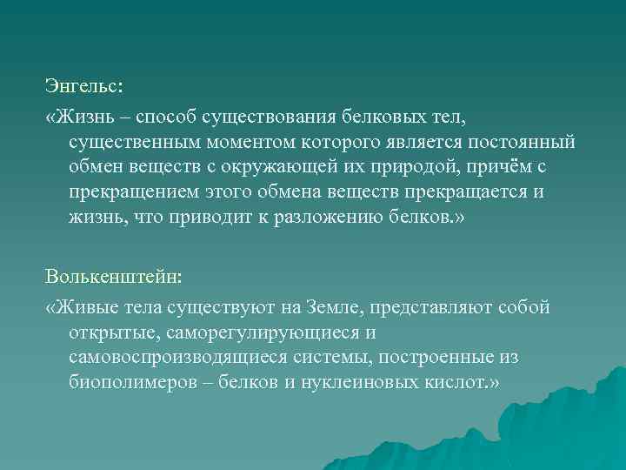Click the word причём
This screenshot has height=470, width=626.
(527, 166)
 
